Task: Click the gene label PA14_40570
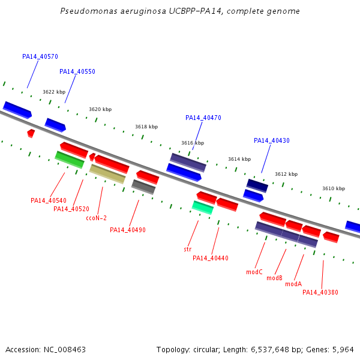point(40,56)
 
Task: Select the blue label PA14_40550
point(77,71)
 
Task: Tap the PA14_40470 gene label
point(203,118)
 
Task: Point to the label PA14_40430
point(272,140)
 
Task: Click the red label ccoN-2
point(97,218)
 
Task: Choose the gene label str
point(188,249)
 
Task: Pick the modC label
point(254,272)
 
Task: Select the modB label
point(274,278)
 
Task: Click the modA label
point(293,284)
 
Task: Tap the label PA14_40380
point(320,292)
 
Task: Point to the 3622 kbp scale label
point(54,92)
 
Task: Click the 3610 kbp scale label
point(334,188)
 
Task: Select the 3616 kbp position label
point(193,143)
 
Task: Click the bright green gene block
point(70,160)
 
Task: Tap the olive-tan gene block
point(107,174)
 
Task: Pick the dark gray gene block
point(143,187)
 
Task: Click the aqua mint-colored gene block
point(203,208)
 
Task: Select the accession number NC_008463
point(65,350)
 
